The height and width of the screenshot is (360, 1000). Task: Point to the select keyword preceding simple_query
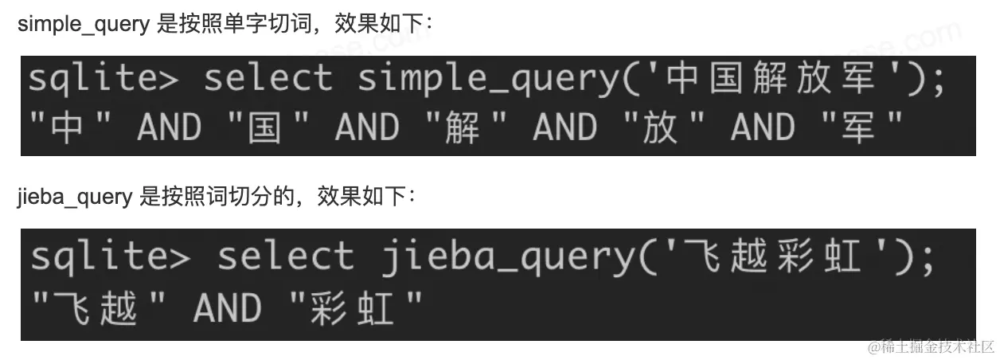(268, 80)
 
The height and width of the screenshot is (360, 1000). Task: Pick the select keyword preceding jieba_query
(285, 257)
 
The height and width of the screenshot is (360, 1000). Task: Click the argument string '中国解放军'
(771, 80)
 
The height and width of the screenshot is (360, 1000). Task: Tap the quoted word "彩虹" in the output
(354, 307)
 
